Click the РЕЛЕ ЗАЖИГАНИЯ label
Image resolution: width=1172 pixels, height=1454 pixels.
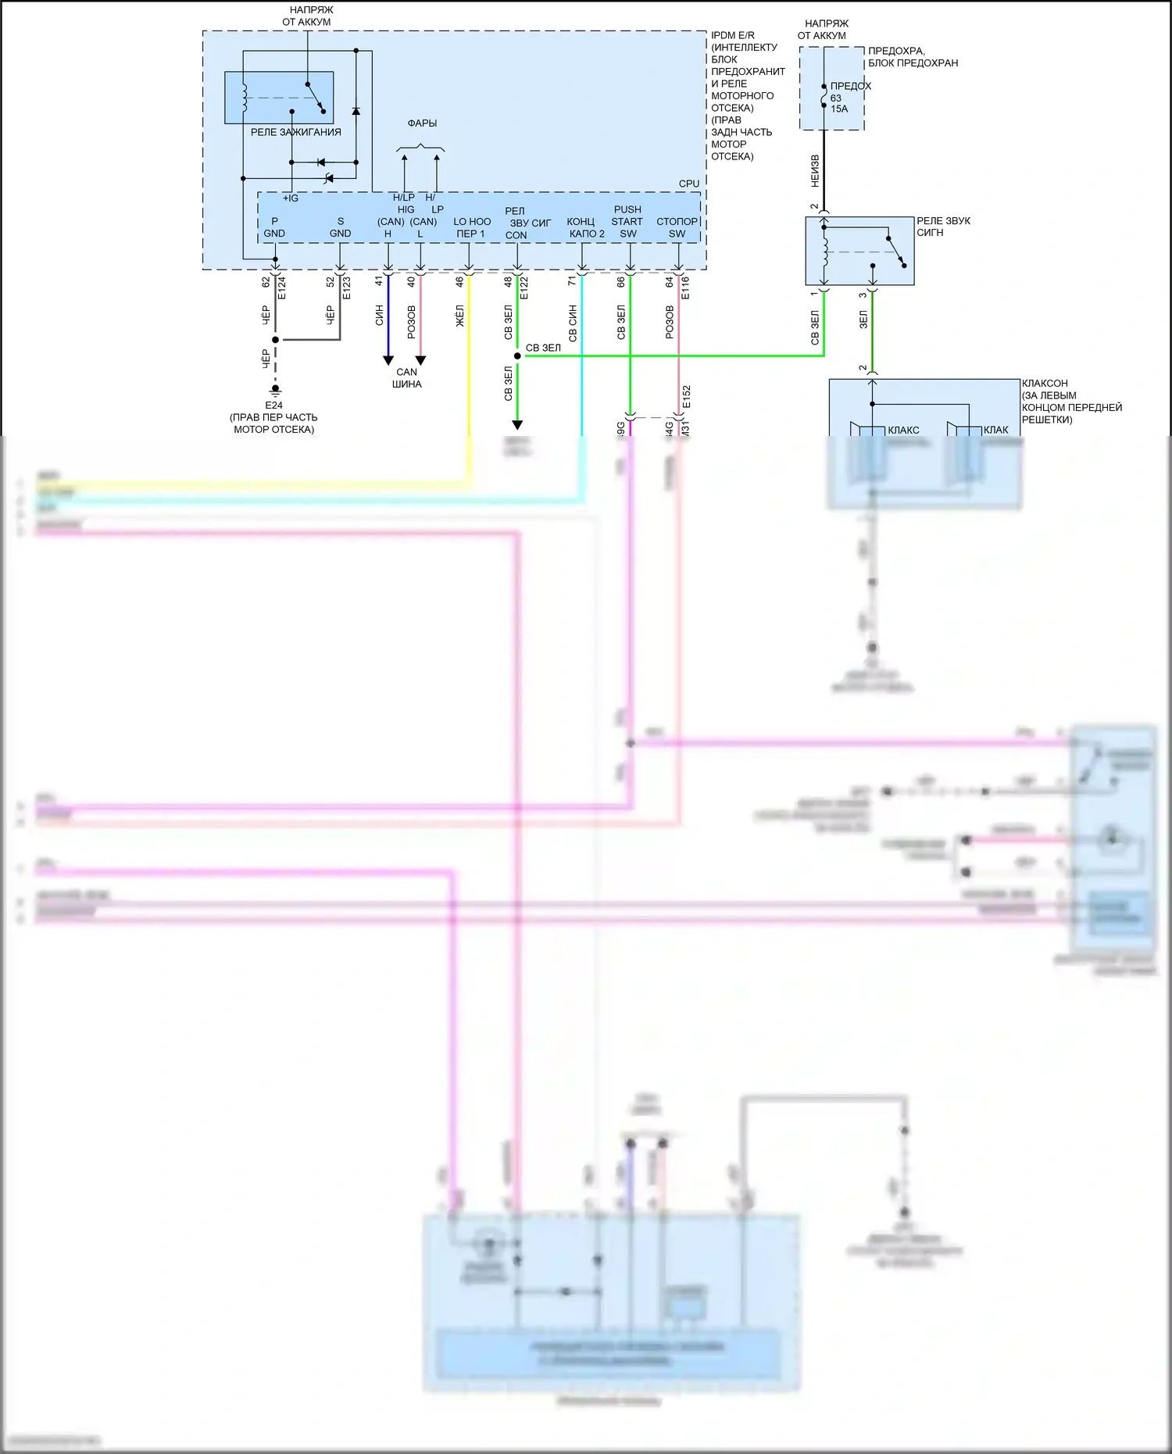(x=295, y=132)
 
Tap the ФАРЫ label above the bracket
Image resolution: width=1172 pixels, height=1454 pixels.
(x=422, y=123)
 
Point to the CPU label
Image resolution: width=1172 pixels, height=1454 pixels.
(x=689, y=184)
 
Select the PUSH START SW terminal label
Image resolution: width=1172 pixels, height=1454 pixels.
(x=627, y=221)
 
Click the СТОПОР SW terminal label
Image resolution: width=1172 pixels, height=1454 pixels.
(x=677, y=227)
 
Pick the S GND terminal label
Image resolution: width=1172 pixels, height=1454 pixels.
(x=340, y=227)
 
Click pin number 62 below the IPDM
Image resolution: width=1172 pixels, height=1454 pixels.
(x=266, y=282)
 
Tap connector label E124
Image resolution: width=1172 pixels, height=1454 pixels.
(x=282, y=288)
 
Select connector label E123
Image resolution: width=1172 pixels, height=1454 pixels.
(x=346, y=288)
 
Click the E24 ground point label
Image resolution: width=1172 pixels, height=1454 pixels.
(x=273, y=405)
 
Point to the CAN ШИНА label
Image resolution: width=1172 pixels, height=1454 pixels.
(x=406, y=378)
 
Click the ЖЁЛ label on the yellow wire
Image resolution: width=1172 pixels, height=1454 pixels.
(x=459, y=316)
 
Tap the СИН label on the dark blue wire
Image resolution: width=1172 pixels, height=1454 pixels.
(x=379, y=316)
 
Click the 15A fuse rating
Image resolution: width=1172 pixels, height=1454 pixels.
(x=839, y=109)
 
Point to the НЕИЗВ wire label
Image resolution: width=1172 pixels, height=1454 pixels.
(x=815, y=170)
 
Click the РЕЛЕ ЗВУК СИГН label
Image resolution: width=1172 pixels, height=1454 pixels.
(x=943, y=227)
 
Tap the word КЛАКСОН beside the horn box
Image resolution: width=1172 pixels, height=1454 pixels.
(x=1045, y=384)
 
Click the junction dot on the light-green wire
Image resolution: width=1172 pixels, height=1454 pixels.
(x=517, y=355)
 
